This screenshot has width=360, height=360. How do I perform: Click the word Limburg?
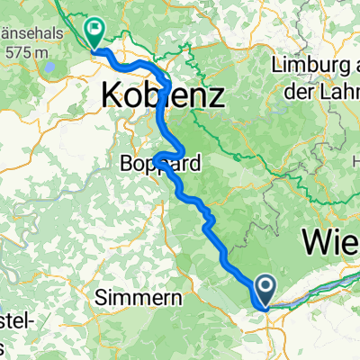309,64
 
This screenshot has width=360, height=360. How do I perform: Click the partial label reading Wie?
330,242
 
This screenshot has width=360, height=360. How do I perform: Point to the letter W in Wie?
315,242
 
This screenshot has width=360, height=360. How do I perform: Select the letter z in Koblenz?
217,93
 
